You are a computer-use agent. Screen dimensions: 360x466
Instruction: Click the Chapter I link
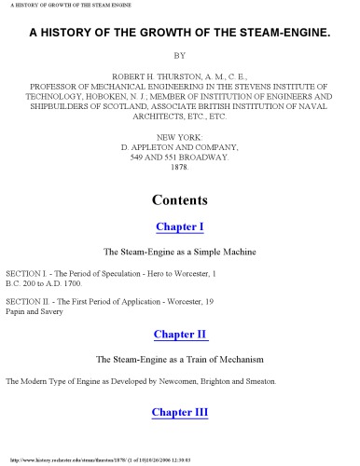click(179, 226)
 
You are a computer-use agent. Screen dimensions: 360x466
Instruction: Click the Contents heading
click(179, 199)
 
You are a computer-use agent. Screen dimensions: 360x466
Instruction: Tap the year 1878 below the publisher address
click(179, 170)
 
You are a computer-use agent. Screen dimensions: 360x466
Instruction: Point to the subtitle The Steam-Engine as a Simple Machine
click(179, 252)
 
